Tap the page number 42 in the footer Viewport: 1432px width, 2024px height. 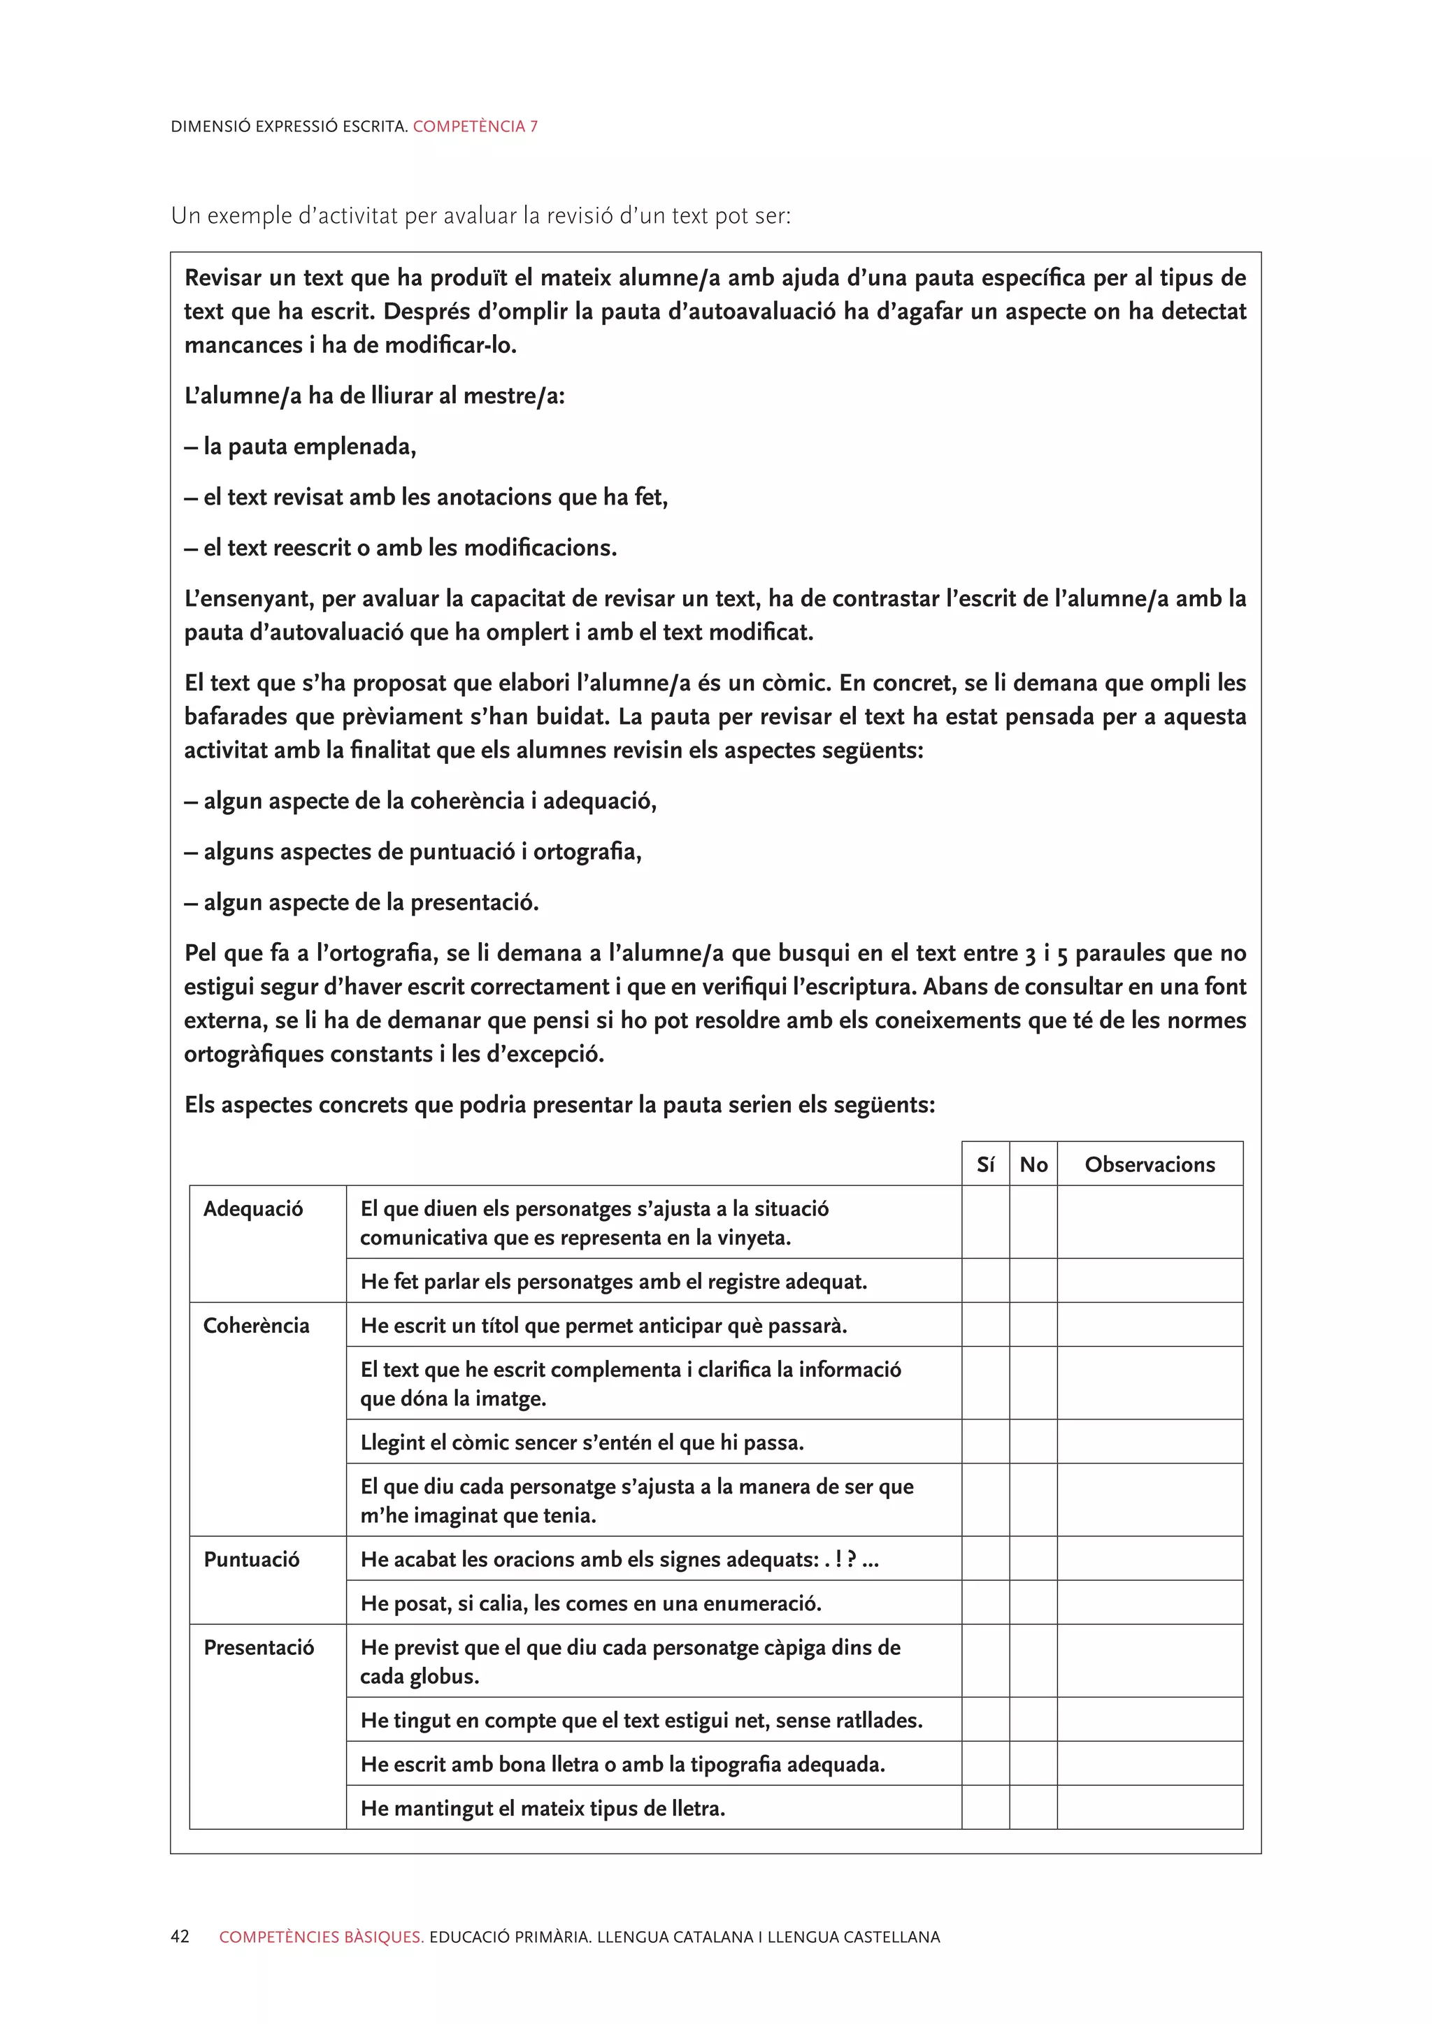[x=180, y=1937]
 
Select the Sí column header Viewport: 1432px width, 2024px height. [x=985, y=1164]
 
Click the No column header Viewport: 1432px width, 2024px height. [x=1033, y=1164]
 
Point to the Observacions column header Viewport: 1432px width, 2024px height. [x=1149, y=1164]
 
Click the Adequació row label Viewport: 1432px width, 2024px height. [x=253, y=1208]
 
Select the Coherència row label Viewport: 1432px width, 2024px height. [x=256, y=1326]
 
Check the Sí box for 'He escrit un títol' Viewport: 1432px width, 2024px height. [x=985, y=1325]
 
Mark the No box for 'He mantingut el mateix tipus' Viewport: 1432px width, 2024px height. [x=1033, y=1808]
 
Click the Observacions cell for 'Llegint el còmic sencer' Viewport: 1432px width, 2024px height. [x=1149, y=1443]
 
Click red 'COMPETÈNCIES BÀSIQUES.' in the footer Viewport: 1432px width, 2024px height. [x=321, y=1937]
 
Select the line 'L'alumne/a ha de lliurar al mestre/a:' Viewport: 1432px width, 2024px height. [x=374, y=396]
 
